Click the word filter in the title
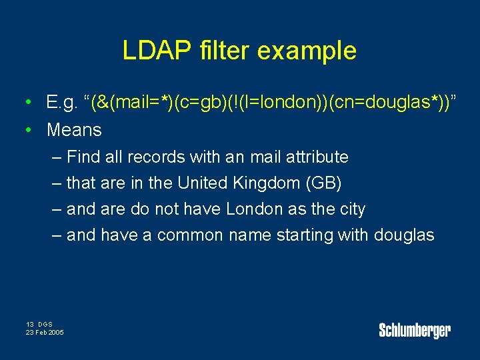(221, 51)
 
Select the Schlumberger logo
(415, 329)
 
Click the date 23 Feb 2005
(45, 332)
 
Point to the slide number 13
(30, 324)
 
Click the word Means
(74, 130)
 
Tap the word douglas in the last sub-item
(404, 235)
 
